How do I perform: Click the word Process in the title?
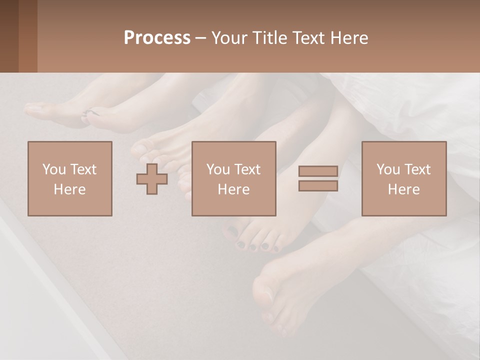coord(157,38)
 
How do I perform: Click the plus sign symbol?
coord(152,179)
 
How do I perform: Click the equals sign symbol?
coord(318,178)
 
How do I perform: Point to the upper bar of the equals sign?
coord(318,171)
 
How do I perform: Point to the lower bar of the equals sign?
coord(318,185)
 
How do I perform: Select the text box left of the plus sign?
coord(70,178)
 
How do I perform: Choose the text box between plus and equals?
coord(234,178)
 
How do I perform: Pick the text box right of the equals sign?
coord(404,178)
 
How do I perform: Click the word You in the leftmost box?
coord(54,169)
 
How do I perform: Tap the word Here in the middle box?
coord(234,189)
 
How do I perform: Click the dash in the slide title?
coord(201,38)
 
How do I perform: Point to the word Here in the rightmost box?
coord(404,189)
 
